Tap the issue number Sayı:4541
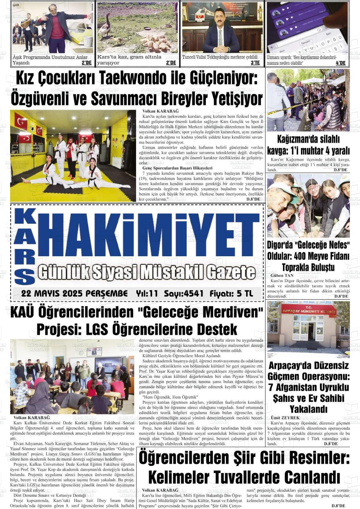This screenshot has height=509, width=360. pos(183,294)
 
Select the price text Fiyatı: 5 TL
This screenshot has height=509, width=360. pos(231,294)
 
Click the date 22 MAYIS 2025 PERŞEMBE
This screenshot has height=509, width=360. pos(74,294)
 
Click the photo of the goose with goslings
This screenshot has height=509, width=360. pos(137,28)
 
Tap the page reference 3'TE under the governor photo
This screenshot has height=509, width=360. pos(255,63)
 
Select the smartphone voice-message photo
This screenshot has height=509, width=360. pos(308,28)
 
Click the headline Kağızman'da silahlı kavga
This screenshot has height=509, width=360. pos(308,145)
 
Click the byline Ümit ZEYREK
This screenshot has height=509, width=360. pos(285,418)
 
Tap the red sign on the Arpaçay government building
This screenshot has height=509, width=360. pos(308,311)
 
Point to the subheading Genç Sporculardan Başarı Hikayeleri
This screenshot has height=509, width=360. pos(177,168)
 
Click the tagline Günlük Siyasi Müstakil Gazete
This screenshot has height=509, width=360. pos(146,272)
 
